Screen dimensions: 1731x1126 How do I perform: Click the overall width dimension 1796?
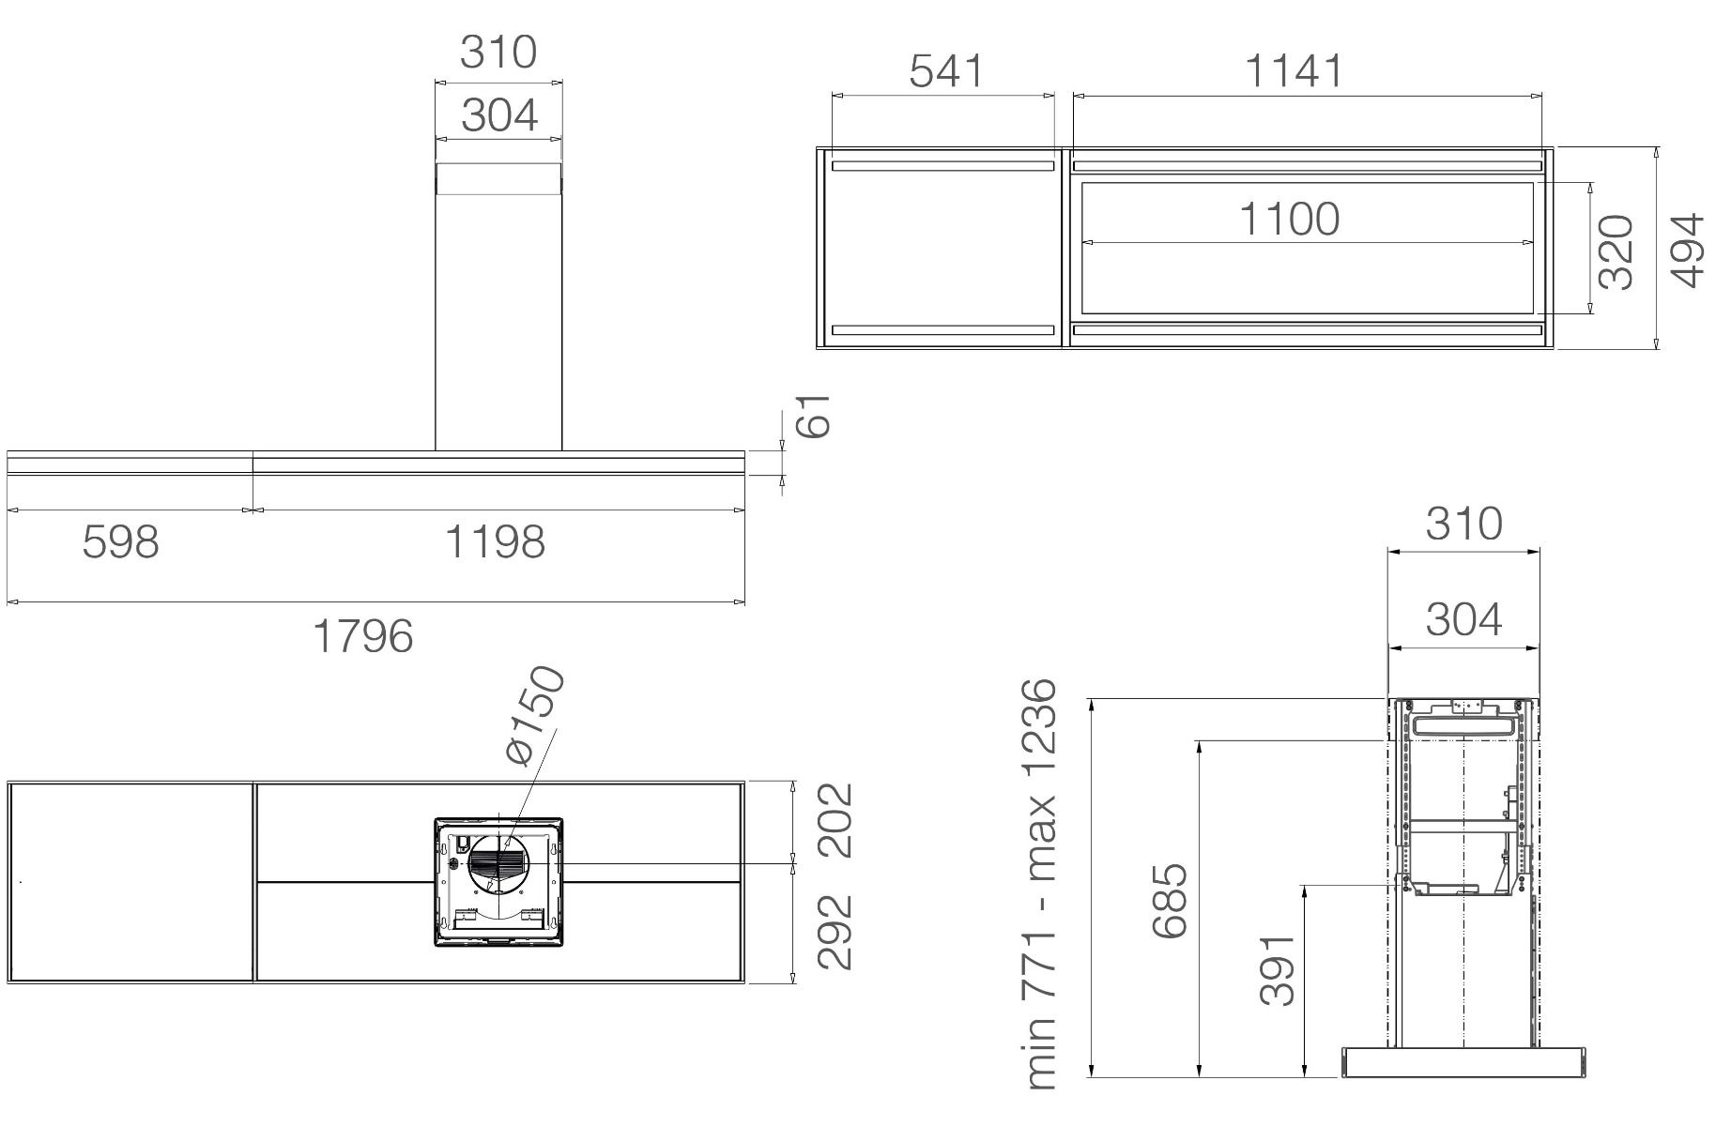pos(362,636)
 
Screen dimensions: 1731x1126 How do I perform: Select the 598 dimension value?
pos(121,541)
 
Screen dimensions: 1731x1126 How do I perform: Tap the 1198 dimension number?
pos(495,541)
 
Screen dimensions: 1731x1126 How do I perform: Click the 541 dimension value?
pos(947,71)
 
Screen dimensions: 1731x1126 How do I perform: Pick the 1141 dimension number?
pos(1294,71)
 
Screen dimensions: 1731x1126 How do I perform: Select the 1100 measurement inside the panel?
pos(1290,219)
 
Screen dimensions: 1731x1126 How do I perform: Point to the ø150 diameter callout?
pos(534,716)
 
